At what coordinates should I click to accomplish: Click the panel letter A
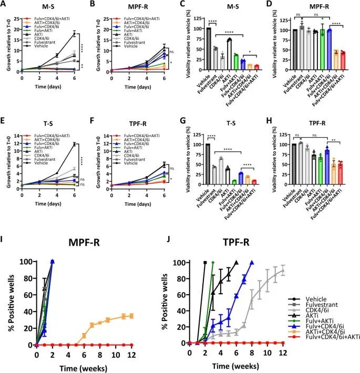[x=4, y=5]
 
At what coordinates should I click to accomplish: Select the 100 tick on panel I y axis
[x=25, y=262]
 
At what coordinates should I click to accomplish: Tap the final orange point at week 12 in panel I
[x=131, y=316]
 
